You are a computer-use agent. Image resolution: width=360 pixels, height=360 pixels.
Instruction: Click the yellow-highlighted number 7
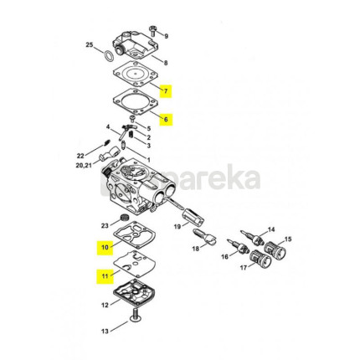pyautogui.click(x=166, y=91)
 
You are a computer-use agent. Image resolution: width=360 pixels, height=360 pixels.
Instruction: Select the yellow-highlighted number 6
pyautogui.click(x=166, y=119)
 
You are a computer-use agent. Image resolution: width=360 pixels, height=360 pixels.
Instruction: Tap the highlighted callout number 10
pyautogui.click(x=105, y=247)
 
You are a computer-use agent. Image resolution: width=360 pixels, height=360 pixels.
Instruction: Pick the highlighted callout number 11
pyautogui.click(x=105, y=276)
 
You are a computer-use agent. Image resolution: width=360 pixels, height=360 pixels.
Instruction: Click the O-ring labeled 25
pyautogui.click(x=109, y=56)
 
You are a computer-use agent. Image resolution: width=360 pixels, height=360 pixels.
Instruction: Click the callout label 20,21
pyautogui.click(x=84, y=166)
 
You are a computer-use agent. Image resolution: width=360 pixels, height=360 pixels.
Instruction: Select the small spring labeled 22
pyautogui.click(x=106, y=143)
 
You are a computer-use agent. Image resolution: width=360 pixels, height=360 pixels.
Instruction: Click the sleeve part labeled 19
pyautogui.click(x=193, y=218)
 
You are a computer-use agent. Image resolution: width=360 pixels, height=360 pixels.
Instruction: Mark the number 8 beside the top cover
pyautogui.click(x=166, y=63)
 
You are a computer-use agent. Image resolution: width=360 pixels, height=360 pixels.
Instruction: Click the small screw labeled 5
pyautogui.click(x=132, y=119)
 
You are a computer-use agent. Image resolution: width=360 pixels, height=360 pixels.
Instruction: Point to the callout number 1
pyautogui.click(x=149, y=160)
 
